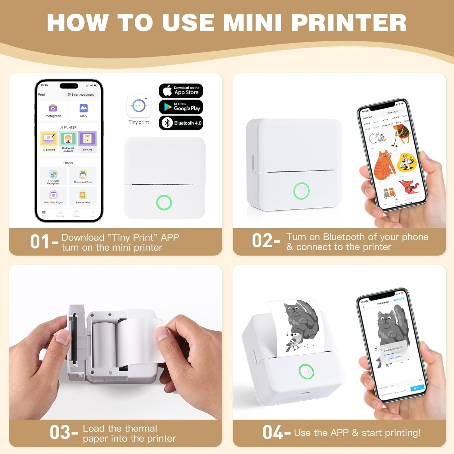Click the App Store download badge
point(181,90)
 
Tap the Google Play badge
point(181,107)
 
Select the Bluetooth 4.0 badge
point(181,123)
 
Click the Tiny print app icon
point(139,106)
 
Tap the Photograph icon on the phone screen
point(53,108)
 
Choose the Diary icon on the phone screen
point(84,108)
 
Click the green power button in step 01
point(164,202)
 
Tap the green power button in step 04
point(306,372)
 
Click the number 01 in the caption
point(40,242)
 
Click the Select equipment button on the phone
point(81,94)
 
